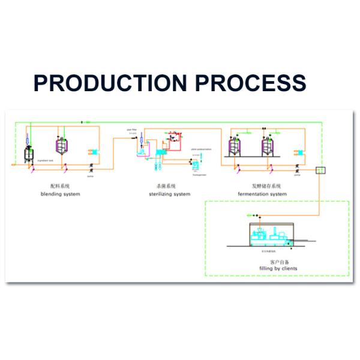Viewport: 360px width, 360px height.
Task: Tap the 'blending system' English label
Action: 60,194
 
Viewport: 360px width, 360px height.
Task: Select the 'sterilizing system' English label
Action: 170,194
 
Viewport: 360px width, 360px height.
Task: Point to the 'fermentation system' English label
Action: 263,194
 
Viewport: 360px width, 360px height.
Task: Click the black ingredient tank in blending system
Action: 28,154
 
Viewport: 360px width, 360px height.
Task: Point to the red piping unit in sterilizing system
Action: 175,139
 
